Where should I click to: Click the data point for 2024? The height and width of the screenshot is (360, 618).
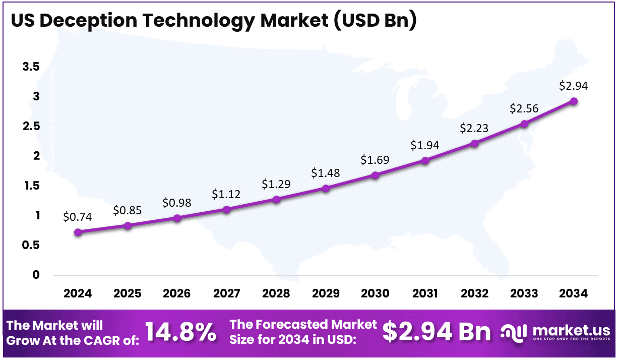pyautogui.click(x=78, y=232)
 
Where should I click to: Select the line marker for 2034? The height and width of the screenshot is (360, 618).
pyautogui.click(x=574, y=101)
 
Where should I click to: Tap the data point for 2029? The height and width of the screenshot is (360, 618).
pyautogui.click(x=326, y=189)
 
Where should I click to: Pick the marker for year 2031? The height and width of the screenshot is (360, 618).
pyautogui.click(x=425, y=161)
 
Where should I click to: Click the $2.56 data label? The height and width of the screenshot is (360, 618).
pyautogui.click(x=524, y=108)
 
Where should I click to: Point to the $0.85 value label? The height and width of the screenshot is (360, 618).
pyautogui.click(x=127, y=210)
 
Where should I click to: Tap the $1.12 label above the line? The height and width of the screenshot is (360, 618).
pyautogui.click(x=226, y=194)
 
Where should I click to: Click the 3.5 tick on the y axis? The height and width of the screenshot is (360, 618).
pyautogui.click(x=31, y=67)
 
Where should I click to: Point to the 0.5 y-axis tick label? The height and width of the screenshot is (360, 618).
pyautogui.click(x=31, y=246)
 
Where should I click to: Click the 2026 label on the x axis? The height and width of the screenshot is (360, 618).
pyautogui.click(x=177, y=293)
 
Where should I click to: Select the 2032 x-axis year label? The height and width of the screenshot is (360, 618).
pyautogui.click(x=474, y=293)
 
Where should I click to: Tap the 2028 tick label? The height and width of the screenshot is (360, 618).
pyautogui.click(x=276, y=293)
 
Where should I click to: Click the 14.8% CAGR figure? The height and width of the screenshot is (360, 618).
pyautogui.click(x=181, y=332)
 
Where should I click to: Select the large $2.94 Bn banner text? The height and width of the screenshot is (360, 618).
pyautogui.click(x=436, y=332)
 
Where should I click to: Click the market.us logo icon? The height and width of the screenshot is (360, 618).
pyautogui.click(x=514, y=332)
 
